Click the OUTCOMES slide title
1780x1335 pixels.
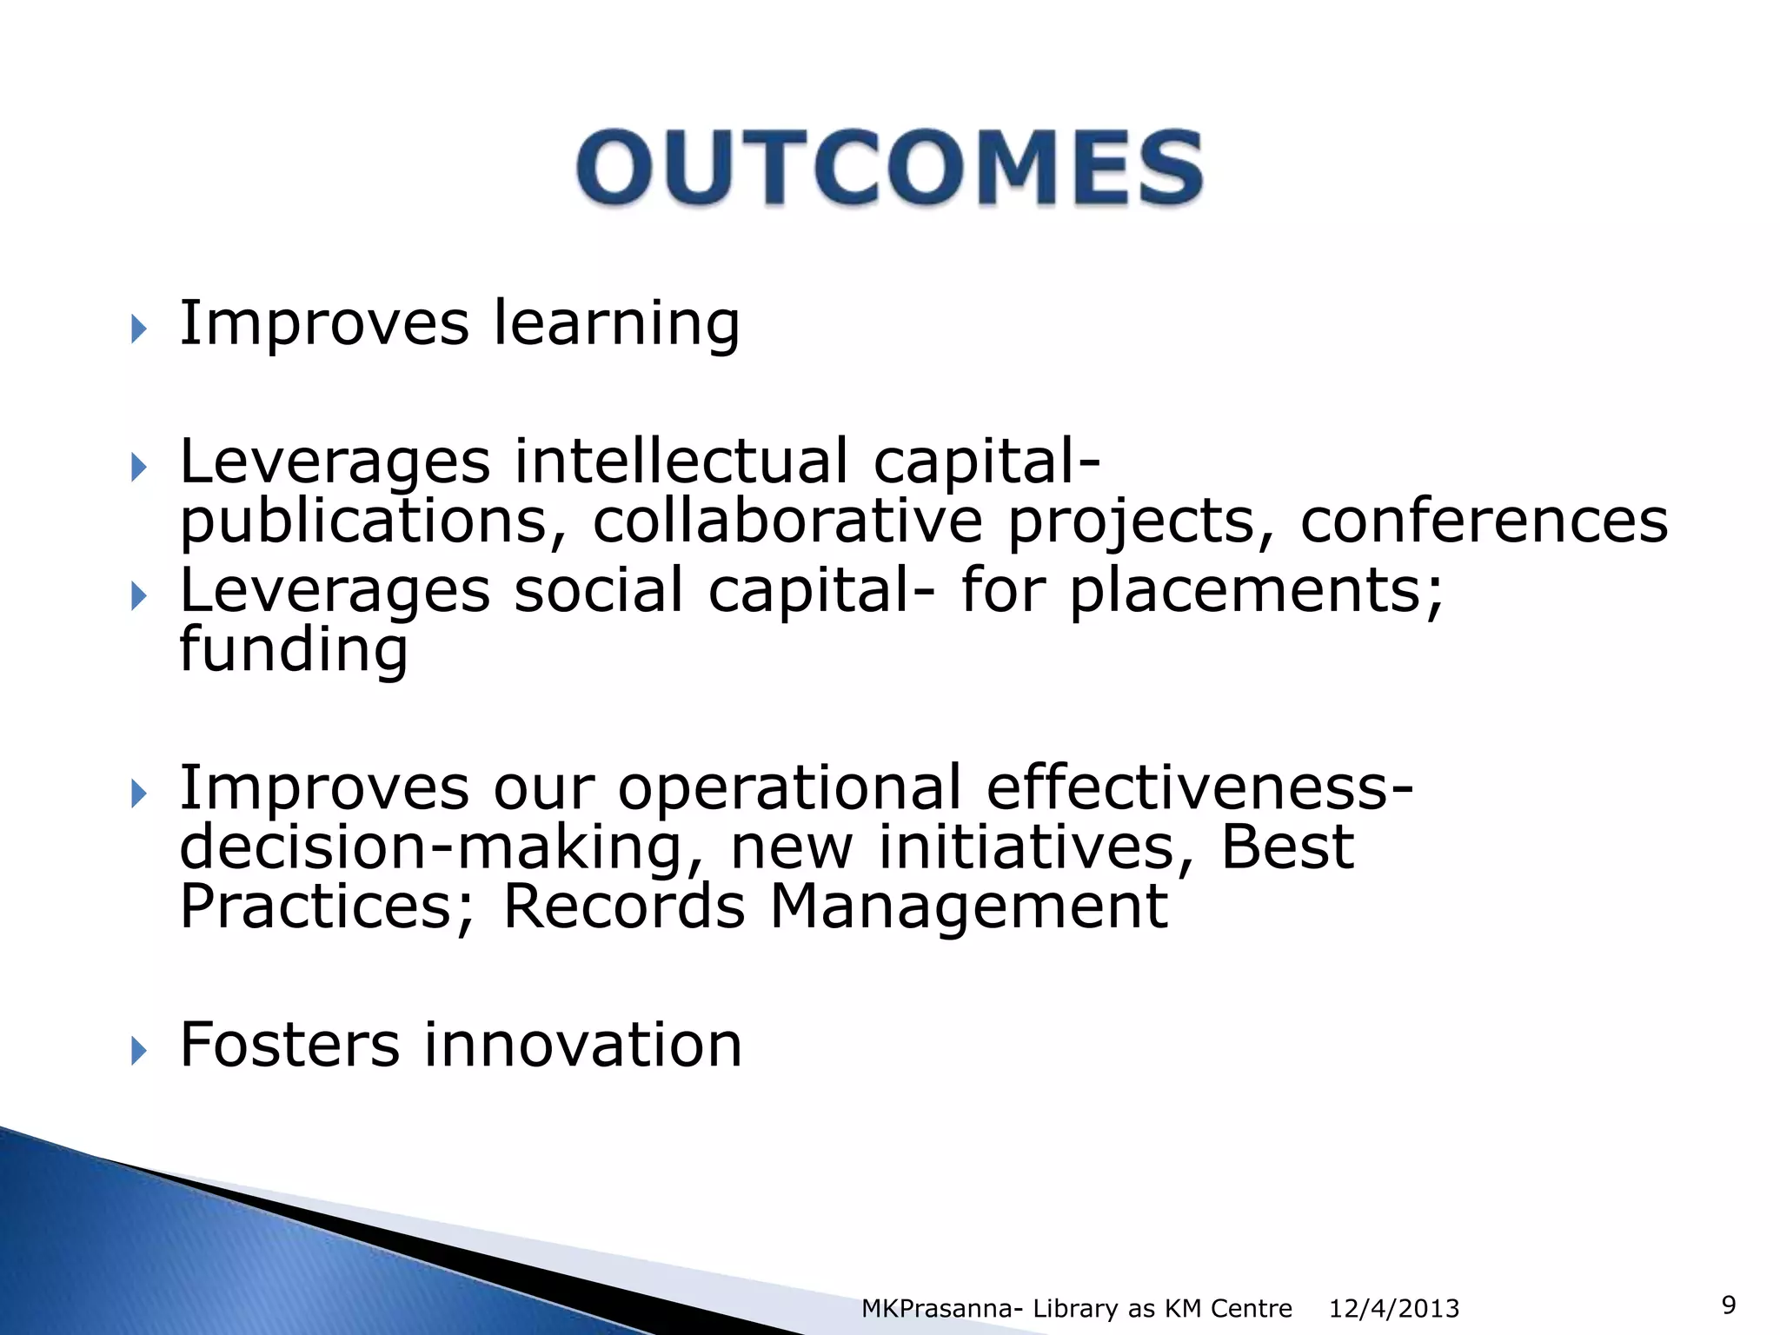pyautogui.click(x=890, y=167)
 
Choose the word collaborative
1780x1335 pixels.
pyautogui.click(x=787, y=521)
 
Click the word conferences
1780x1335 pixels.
pyautogui.click(x=1484, y=521)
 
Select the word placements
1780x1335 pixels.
pyautogui.click(x=1256, y=591)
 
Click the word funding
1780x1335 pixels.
pyautogui.click(x=293, y=650)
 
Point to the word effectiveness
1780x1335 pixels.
pyautogui.click(x=1199, y=787)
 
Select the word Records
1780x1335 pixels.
pyautogui.click(x=624, y=907)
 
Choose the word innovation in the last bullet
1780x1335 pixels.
pyautogui.click(x=582, y=1044)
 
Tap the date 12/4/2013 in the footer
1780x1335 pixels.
pyautogui.click(x=1394, y=1308)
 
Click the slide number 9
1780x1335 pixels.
pyautogui.click(x=1729, y=1305)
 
